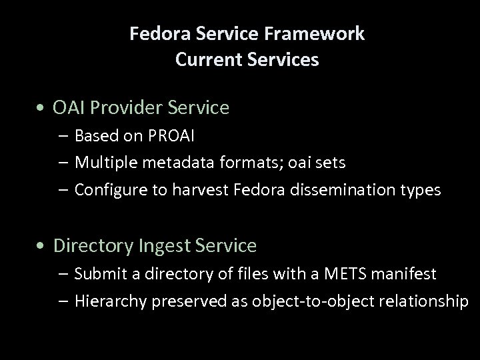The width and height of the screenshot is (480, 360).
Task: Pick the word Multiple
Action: (106, 163)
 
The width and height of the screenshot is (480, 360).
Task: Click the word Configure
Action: (111, 191)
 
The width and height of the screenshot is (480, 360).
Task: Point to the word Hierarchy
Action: (111, 301)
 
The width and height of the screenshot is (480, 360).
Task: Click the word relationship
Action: (424, 301)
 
